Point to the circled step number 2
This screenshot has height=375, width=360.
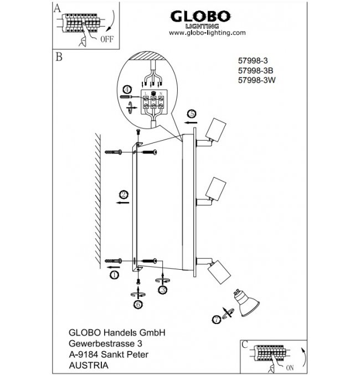point(124,194)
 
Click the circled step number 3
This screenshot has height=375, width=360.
point(162,289)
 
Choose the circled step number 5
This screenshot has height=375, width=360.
point(191,112)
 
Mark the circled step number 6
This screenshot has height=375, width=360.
point(137,304)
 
